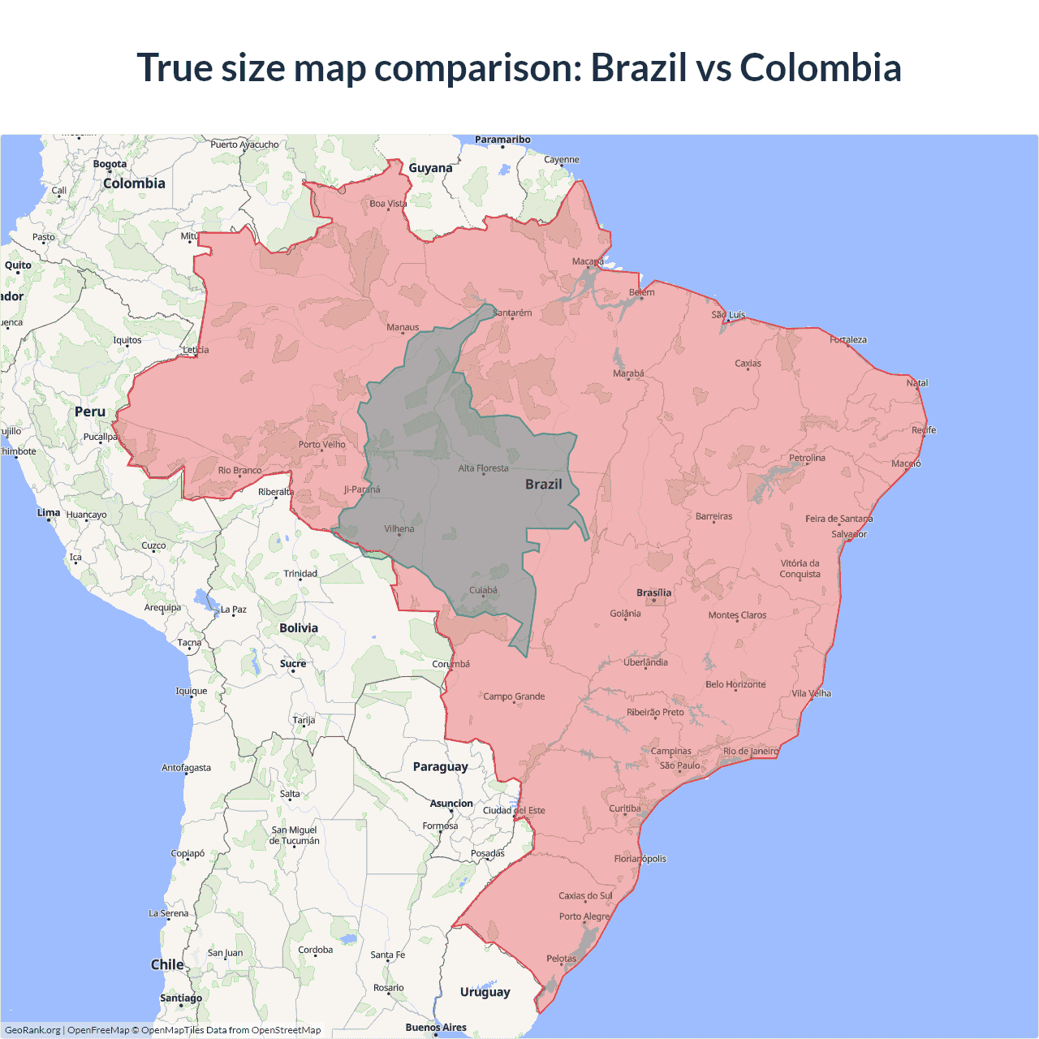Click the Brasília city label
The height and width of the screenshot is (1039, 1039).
653,593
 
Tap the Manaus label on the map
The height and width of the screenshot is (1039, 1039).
403,327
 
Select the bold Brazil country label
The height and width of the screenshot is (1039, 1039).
543,484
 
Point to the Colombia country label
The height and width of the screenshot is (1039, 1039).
134,183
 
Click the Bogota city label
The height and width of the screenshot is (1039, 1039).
110,164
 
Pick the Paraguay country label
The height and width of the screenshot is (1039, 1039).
440,766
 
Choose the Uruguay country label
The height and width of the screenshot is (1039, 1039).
485,992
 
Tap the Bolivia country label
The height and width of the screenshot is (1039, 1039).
299,627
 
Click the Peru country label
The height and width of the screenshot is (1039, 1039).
90,412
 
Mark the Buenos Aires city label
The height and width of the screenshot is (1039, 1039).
436,1027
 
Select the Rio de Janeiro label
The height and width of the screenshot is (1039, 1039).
750,751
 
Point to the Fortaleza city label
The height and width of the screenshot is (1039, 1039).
848,339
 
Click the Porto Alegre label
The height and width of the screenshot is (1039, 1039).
584,916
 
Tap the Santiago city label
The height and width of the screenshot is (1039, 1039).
181,998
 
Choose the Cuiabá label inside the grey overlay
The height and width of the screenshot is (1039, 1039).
483,590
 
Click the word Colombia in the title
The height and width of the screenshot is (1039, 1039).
820,67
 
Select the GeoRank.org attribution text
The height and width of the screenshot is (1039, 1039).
32,1030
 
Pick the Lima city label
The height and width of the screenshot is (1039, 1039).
49,512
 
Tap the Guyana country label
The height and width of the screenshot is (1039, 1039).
430,168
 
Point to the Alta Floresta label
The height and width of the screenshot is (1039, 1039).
483,468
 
